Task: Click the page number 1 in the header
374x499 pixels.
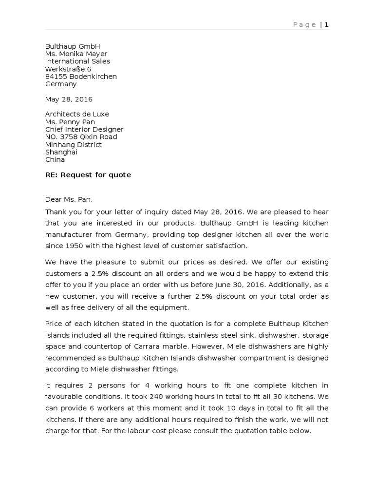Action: point(327,25)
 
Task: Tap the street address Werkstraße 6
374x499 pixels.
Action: point(68,69)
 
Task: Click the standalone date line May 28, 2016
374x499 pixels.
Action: point(69,99)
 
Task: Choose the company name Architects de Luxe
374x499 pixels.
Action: point(77,114)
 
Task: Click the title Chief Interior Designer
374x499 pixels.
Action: point(84,130)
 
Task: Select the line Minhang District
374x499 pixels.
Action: point(74,145)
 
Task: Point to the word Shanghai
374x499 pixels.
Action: point(61,152)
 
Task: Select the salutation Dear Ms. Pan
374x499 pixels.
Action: point(69,199)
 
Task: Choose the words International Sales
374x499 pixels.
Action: point(77,61)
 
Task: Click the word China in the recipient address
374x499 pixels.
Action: point(55,160)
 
